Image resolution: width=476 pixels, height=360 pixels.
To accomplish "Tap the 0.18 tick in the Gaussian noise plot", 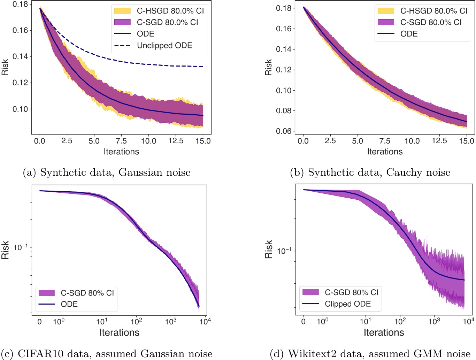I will point(20,4).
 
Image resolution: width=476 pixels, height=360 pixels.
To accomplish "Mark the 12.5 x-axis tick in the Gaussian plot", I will point(176,141).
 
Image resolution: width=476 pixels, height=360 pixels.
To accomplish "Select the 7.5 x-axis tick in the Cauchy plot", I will point(384,141).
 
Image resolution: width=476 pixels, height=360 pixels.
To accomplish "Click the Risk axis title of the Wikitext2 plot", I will point(269,249).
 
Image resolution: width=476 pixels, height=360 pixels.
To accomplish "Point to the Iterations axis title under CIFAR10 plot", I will point(119,332).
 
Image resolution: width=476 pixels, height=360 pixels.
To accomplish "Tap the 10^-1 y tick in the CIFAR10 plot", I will point(21,247).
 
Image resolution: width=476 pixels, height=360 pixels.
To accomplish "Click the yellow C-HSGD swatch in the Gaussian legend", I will point(122,11).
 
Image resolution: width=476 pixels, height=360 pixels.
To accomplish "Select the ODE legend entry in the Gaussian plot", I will point(145,34).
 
